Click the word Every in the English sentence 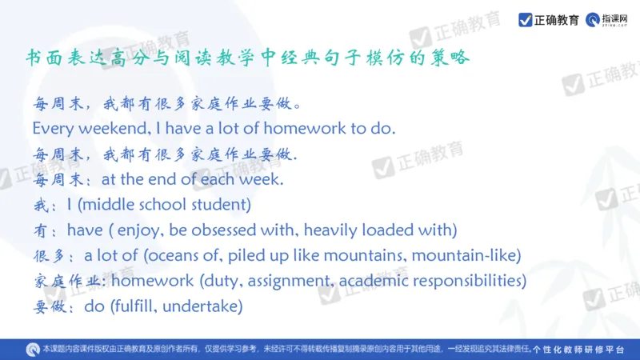click(x=52, y=128)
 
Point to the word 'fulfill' click(x=141, y=306)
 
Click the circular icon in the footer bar click(x=32, y=349)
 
